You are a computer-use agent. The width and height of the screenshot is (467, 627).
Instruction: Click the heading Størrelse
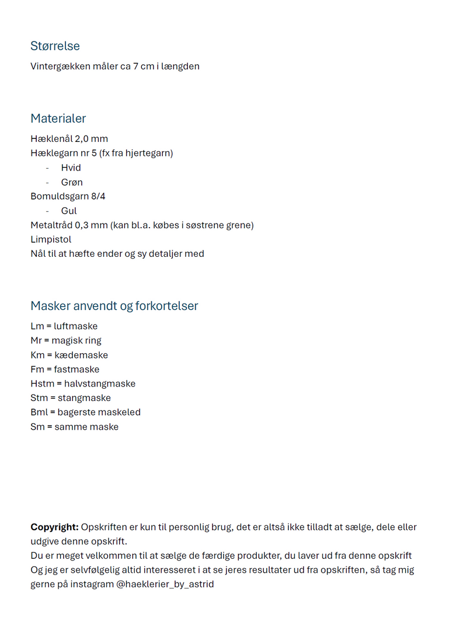(55, 46)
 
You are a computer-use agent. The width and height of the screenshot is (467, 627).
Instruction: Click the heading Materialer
(58, 119)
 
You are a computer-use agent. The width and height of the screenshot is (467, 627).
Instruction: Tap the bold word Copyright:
(54, 527)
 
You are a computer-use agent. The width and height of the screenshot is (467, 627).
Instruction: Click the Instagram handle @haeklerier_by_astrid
(165, 584)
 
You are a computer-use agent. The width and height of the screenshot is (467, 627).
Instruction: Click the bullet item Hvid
(71, 168)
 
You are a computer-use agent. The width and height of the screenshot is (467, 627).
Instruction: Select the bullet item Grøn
(72, 182)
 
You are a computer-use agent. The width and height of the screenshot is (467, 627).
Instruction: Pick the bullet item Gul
(69, 211)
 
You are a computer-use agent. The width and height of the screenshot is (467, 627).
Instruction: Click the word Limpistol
(51, 239)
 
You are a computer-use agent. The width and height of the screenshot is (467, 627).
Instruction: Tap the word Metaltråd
(53, 225)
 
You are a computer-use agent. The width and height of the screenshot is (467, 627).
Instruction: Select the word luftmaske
(75, 326)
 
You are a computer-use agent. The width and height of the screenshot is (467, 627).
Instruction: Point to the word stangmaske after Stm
(84, 398)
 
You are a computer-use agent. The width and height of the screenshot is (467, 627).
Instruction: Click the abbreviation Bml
(39, 412)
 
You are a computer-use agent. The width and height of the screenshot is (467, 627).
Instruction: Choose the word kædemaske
(81, 355)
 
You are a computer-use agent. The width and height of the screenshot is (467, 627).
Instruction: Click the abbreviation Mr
(36, 340)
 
